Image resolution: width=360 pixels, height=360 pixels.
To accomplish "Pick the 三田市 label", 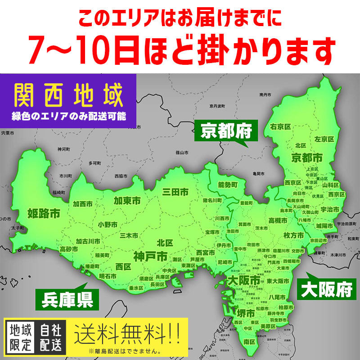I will pyautogui.click(x=175, y=192).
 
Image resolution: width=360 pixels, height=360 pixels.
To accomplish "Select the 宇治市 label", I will pyautogui.click(x=331, y=209).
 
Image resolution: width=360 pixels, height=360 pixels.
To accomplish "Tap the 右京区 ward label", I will pyautogui.click(x=280, y=127).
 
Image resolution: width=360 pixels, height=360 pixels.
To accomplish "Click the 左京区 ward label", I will pyautogui.click(x=324, y=139).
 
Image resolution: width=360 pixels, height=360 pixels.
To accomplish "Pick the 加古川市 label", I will pyautogui.click(x=88, y=241).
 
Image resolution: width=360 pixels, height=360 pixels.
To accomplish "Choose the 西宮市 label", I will pyautogui.click(x=205, y=252).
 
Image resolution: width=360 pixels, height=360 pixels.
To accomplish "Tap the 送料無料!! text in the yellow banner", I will pyautogui.click(x=127, y=334).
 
